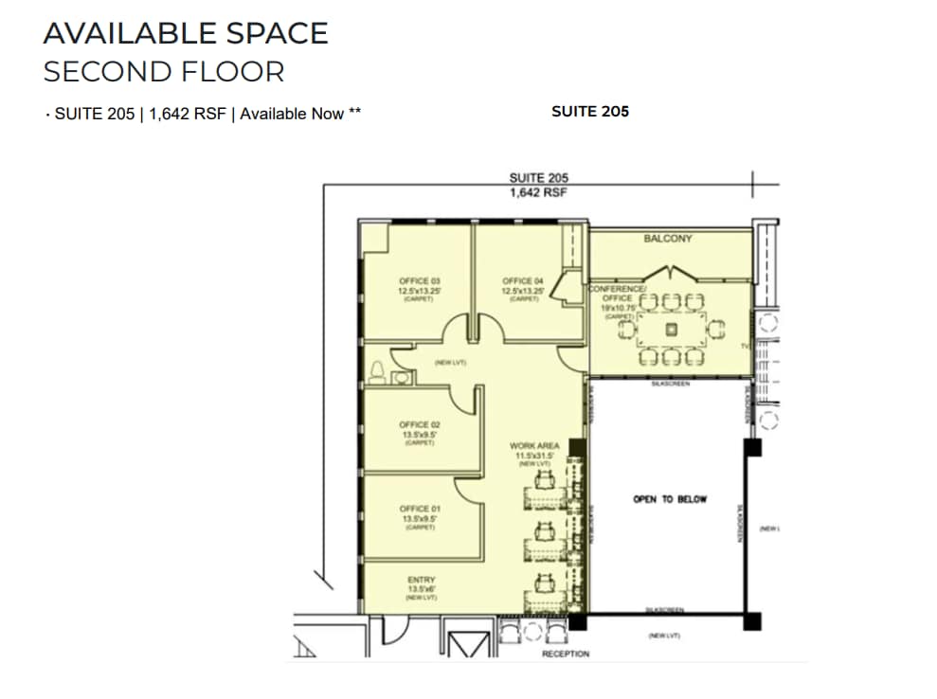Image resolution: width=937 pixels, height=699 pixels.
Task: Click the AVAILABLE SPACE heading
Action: pos(186,33)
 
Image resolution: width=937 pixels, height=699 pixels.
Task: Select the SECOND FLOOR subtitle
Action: pos(164,72)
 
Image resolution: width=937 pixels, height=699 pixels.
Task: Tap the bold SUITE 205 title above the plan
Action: pos(589,112)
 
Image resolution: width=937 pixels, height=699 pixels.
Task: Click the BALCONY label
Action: pos(668,239)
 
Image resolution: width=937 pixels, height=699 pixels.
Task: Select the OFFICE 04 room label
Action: pos(524,281)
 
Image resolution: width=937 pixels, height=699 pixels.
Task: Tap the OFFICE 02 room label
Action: pos(420,425)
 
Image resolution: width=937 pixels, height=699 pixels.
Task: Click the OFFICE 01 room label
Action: pos(420,510)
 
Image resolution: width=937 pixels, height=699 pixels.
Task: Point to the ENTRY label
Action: pos(421,580)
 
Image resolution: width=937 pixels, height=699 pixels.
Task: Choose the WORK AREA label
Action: pos(533,446)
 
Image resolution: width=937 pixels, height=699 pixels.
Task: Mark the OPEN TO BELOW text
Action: pos(670,499)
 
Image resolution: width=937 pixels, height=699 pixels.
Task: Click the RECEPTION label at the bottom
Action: pos(566,654)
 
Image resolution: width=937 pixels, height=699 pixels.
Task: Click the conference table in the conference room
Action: pos(671,330)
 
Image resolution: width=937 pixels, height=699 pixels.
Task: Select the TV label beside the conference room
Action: pos(745,348)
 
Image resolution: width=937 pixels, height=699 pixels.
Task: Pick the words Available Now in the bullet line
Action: pos(292,114)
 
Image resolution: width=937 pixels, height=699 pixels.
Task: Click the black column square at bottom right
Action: pos(752,622)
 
